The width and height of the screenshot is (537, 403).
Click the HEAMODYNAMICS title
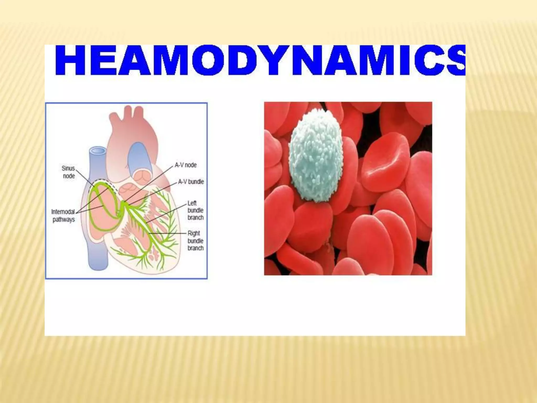(260, 61)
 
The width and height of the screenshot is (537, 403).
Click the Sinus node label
(68, 172)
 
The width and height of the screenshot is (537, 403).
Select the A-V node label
(186, 165)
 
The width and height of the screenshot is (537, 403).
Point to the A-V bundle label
(191, 182)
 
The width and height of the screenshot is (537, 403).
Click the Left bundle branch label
(195, 210)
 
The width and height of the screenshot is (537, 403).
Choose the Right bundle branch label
(195, 241)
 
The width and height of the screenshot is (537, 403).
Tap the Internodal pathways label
(63, 215)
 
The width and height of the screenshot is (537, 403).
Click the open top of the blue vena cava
(98, 151)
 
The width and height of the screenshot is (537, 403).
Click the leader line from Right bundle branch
(168, 233)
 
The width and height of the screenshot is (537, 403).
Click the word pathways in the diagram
(64, 219)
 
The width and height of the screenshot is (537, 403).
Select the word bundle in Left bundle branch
(195, 210)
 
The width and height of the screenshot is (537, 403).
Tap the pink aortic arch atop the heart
(131, 118)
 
